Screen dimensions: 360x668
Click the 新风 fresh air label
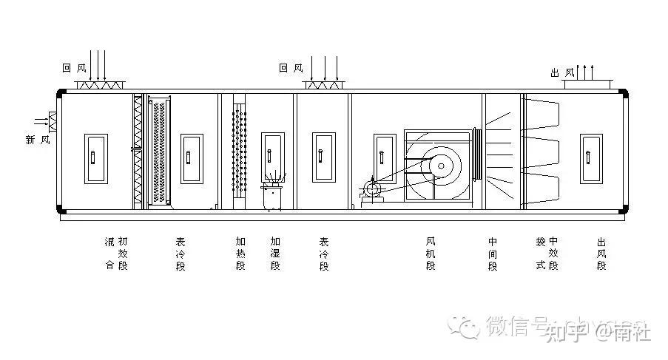(x=38, y=140)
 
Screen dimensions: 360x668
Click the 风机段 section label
(x=431, y=254)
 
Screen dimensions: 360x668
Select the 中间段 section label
(x=493, y=254)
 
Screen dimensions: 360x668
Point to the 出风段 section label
(x=601, y=254)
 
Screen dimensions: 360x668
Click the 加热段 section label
(x=240, y=254)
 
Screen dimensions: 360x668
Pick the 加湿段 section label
(x=275, y=254)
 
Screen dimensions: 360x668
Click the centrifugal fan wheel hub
(x=441, y=166)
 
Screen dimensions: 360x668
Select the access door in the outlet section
(x=591, y=159)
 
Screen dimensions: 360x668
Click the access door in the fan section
(x=383, y=158)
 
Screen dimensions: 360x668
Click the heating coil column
(x=239, y=152)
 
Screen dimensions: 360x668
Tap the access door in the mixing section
(x=95, y=158)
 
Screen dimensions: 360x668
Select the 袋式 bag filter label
(x=541, y=254)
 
